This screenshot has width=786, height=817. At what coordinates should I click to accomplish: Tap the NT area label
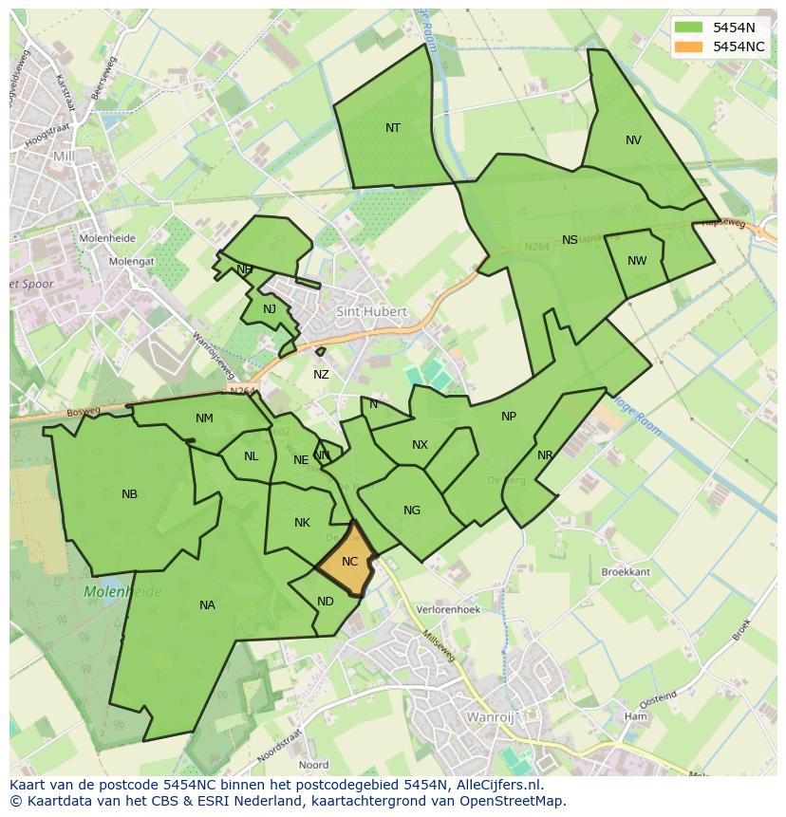tap(393, 128)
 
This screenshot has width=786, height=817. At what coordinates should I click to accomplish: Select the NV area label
tap(633, 140)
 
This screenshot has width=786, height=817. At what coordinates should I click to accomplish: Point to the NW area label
tap(637, 261)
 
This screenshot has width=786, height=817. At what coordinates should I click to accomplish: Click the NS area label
tap(570, 240)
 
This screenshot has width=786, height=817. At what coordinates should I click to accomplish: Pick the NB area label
tap(130, 494)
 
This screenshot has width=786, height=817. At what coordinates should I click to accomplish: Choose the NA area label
tap(207, 605)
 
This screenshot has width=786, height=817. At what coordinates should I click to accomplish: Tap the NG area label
tap(411, 511)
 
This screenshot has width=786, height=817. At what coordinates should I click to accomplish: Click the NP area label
tap(509, 417)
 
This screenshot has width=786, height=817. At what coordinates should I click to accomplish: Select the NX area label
tap(420, 445)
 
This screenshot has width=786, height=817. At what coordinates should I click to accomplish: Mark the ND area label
tap(326, 602)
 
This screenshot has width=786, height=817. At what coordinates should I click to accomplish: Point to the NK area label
tap(302, 523)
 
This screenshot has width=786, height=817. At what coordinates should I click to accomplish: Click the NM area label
tap(204, 418)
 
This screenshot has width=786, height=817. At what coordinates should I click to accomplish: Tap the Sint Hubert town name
tap(371, 311)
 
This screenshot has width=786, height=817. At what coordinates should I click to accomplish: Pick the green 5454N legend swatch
tap(689, 28)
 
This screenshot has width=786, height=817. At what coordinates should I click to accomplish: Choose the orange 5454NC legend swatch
tap(689, 46)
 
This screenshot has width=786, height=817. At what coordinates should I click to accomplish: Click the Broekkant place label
tap(627, 573)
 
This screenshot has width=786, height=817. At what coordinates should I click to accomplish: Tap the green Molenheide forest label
tap(122, 592)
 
